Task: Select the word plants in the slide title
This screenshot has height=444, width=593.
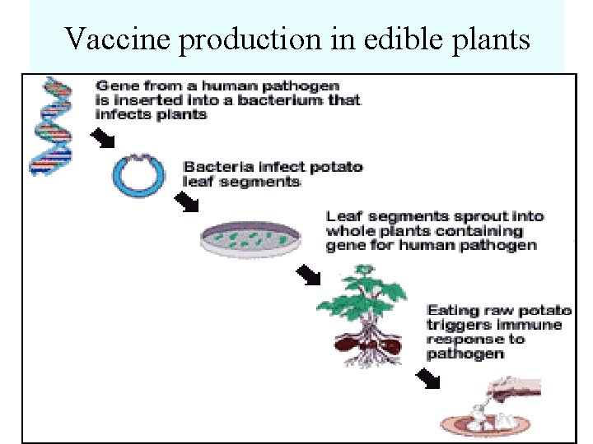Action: coord(489,38)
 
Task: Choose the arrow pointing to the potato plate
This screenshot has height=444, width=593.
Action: coord(427,377)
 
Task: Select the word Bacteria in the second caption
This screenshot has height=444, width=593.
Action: coord(210,167)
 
